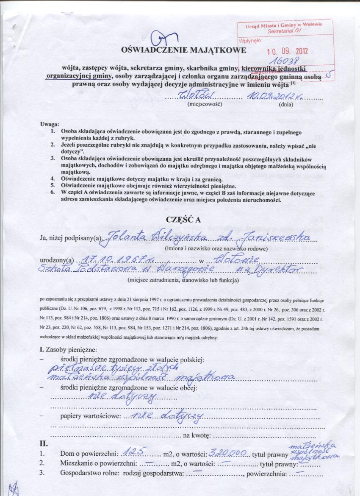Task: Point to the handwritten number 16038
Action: click(x=287, y=61)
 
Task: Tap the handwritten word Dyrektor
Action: click(x=278, y=270)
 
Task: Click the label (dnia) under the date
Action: click(x=284, y=104)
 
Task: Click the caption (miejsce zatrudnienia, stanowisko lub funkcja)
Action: click(x=183, y=280)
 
